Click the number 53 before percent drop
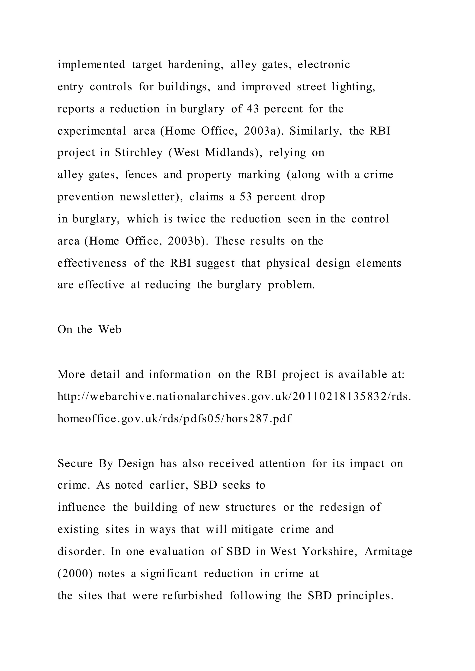(x=245, y=197)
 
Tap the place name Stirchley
(x=138, y=152)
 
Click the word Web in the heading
(x=110, y=329)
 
